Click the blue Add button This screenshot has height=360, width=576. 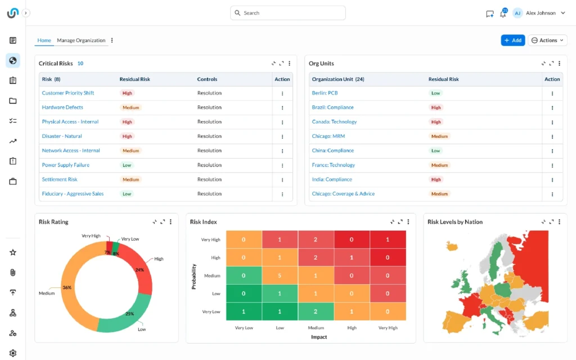click(x=512, y=40)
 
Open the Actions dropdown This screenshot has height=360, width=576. click(x=547, y=40)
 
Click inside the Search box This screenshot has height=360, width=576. click(x=287, y=13)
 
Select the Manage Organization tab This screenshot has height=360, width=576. click(x=81, y=40)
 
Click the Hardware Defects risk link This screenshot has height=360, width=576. click(x=62, y=107)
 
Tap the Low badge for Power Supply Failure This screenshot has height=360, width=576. click(x=127, y=165)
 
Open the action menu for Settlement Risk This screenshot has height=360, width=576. click(x=282, y=180)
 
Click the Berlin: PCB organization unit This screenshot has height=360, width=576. click(x=325, y=93)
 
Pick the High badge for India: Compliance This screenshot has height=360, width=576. click(x=436, y=179)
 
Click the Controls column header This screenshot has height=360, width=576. click(x=207, y=79)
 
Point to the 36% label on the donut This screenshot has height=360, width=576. click(x=67, y=287)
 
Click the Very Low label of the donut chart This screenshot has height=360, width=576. click(x=130, y=238)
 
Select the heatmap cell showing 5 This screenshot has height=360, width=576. click(x=280, y=276)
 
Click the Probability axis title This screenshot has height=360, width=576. click(x=194, y=276)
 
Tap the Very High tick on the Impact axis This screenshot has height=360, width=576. click(x=388, y=328)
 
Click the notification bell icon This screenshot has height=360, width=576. click(x=503, y=13)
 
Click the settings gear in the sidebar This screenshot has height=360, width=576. click(x=13, y=353)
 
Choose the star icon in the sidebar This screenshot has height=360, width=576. click(x=13, y=253)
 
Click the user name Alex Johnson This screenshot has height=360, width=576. click(x=541, y=13)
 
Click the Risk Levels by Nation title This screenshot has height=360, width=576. click(x=454, y=222)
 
